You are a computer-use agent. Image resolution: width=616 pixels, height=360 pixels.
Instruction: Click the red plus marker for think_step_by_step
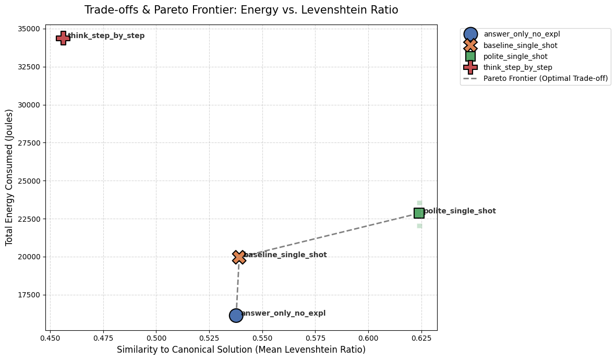[63, 38]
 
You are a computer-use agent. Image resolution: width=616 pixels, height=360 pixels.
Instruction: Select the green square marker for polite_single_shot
[419, 213]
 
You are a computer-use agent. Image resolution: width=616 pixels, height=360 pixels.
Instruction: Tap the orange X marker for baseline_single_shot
[239, 257]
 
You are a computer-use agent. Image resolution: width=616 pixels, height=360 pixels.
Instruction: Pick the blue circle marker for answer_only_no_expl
[236, 315]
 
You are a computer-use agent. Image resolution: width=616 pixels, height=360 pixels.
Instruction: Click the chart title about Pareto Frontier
[241, 10]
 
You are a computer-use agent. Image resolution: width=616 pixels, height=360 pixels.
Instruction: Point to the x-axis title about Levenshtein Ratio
[241, 350]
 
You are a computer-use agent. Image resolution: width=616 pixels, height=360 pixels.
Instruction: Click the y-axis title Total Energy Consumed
[9, 177]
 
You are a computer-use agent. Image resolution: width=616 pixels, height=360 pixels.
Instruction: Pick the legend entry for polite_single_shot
[515, 56]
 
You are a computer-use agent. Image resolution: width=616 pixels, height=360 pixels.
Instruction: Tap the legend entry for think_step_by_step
[517, 67]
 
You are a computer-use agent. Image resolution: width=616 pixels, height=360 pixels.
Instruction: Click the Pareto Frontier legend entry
[545, 78]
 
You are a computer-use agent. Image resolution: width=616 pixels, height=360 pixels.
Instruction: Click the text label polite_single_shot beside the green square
[460, 211]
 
